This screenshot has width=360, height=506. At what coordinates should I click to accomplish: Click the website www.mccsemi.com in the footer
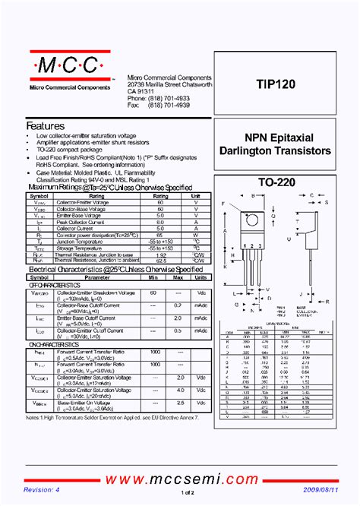point(179,479)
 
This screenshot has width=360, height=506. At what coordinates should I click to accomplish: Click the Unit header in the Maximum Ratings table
point(196,195)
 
